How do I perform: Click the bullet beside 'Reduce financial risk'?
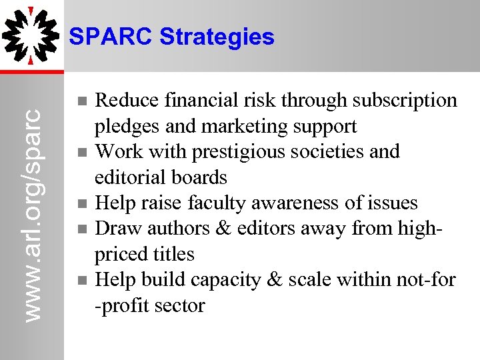pyautogui.click(x=81, y=101)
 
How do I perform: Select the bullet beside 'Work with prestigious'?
pyautogui.click(x=81, y=152)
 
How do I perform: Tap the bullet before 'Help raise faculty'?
pyautogui.click(x=81, y=203)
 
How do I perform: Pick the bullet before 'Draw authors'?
pyautogui.click(x=81, y=229)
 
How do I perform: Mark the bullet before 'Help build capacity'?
pyautogui.click(x=81, y=280)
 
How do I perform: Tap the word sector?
pyautogui.click(x=180, y=305)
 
